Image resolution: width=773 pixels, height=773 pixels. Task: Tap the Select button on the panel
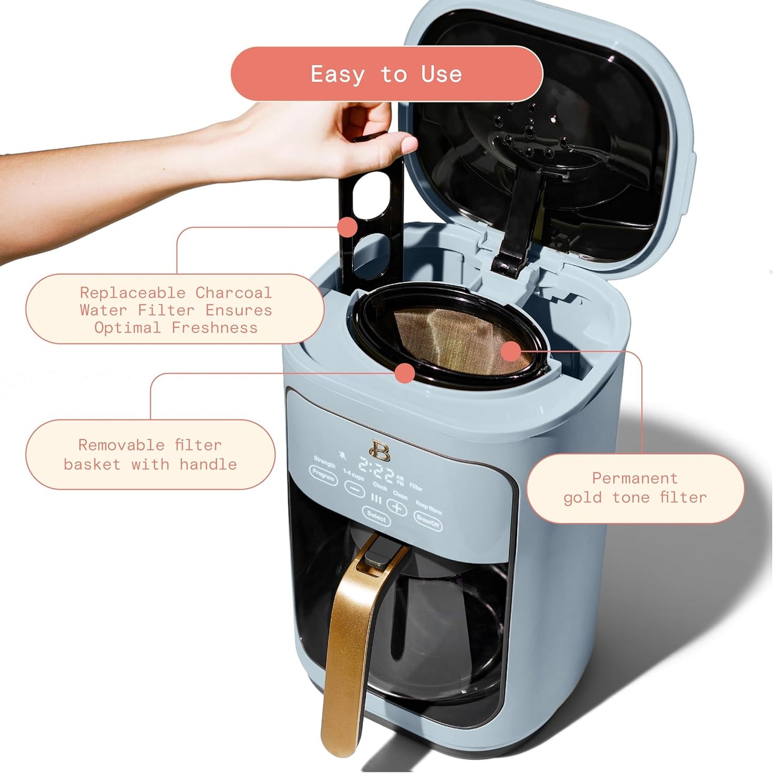click(x=376, y=516)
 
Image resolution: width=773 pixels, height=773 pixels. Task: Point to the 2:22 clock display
click(x=376, y=471)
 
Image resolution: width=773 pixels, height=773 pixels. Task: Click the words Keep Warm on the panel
click(x=428, y=506)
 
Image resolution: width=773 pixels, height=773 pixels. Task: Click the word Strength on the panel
click(x=325, y=461)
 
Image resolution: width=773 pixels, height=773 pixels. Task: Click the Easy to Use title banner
click(x=386, y=74)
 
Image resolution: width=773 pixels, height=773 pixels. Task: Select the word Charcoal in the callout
click(x=233, y=293)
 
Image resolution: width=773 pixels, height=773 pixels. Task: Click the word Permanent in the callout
click(x=634, y=478)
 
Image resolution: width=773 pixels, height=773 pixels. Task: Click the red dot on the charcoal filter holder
click(x=348, y=227)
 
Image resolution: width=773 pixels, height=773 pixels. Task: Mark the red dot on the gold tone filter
click(x=511, y=351)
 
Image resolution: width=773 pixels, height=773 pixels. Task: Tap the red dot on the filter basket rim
click(x=405, y=373)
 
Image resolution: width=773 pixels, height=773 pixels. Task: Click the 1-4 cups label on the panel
click(x=353, y=474)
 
